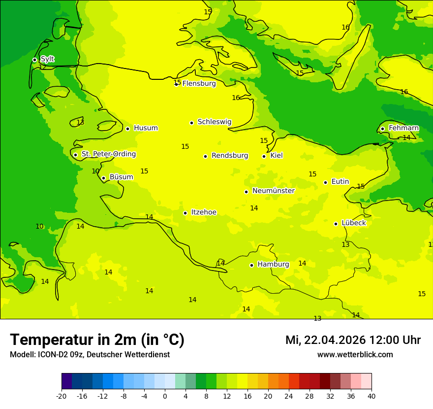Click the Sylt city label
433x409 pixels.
47,59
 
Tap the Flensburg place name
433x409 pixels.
199,84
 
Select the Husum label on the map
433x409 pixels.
146,128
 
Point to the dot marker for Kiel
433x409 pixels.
264,156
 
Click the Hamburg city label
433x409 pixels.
273,265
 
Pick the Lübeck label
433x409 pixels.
353,223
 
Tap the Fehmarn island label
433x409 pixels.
403,128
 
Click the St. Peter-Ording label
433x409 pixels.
108,154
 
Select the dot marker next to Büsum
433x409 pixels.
103,178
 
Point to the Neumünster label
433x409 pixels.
273,191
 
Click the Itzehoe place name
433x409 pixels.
203,212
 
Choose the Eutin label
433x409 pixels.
340,182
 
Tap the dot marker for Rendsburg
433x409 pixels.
205,156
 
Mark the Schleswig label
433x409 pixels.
214,122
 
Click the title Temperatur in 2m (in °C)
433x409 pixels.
97,340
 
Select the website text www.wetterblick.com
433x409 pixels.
355,355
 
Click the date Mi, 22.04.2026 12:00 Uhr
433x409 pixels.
353,340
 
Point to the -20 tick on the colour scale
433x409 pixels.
62,396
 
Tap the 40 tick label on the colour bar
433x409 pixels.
371,396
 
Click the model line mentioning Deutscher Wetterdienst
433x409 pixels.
90,355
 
